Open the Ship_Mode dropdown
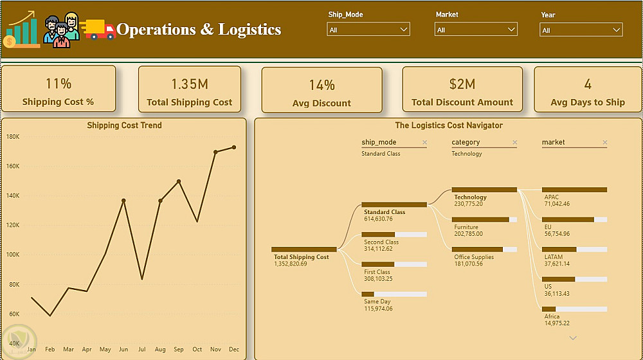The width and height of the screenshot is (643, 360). click(x=368, y=30)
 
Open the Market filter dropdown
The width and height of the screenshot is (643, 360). click(x=476, y=30)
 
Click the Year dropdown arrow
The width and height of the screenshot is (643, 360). click(x=616, y=30)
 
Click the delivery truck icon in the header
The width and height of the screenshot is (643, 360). click(x=98, y=30)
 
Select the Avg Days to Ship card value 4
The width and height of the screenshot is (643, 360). click(x=588, y=84)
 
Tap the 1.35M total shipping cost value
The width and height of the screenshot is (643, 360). click(x=190, y=84)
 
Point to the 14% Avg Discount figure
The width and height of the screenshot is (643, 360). click(x=322, y=85)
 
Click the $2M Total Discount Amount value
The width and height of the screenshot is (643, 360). click(x=462, y=84)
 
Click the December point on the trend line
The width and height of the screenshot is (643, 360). click(x=234, y=147)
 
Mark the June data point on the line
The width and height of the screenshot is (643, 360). click(x=123, y=201)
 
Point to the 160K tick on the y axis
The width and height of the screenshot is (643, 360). click(x=13, y=166)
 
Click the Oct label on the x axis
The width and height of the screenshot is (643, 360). click(x=197, y=349)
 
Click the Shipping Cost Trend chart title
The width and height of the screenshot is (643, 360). click(x=124, y=125)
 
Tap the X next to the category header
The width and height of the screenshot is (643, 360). click(x=514, y=142)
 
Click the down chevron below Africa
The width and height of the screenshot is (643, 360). click(x=573, y=338)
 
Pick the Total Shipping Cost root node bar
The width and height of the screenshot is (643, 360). click(x=304, y=249)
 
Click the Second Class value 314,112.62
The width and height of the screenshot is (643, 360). click(x=378, y=249)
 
